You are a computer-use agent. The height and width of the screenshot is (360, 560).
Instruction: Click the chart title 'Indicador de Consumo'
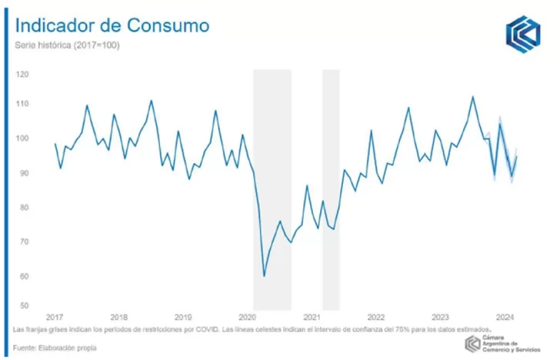click(112, 25)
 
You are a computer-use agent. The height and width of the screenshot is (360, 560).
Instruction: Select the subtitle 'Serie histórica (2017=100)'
click(67, 45)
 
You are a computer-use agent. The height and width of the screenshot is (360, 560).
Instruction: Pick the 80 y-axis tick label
click(23, 208)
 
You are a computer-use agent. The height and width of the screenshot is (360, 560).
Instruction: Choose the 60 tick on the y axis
click(23, 276)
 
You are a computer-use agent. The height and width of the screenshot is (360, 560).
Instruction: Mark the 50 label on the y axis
click(23, 305)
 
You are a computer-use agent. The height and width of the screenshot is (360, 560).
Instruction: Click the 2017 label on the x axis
click(55, 317)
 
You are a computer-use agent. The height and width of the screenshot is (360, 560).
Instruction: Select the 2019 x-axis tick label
click(183, 317)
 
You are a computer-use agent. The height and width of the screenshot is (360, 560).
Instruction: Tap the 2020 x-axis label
click(247, 317)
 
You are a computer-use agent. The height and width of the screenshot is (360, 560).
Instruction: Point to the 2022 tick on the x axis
click(375, 317)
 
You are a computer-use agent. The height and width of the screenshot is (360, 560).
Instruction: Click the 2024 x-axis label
click(505, 317)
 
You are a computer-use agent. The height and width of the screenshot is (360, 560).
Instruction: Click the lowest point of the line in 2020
click(264, 275)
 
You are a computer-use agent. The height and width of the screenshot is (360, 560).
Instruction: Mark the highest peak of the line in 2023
click(472, 97)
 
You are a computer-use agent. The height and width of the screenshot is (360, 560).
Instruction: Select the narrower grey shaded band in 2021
click(331, 188)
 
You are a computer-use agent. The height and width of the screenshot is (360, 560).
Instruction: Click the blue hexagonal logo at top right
click(523, 35)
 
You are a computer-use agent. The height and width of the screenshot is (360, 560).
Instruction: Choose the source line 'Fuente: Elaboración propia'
click(55, 348)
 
